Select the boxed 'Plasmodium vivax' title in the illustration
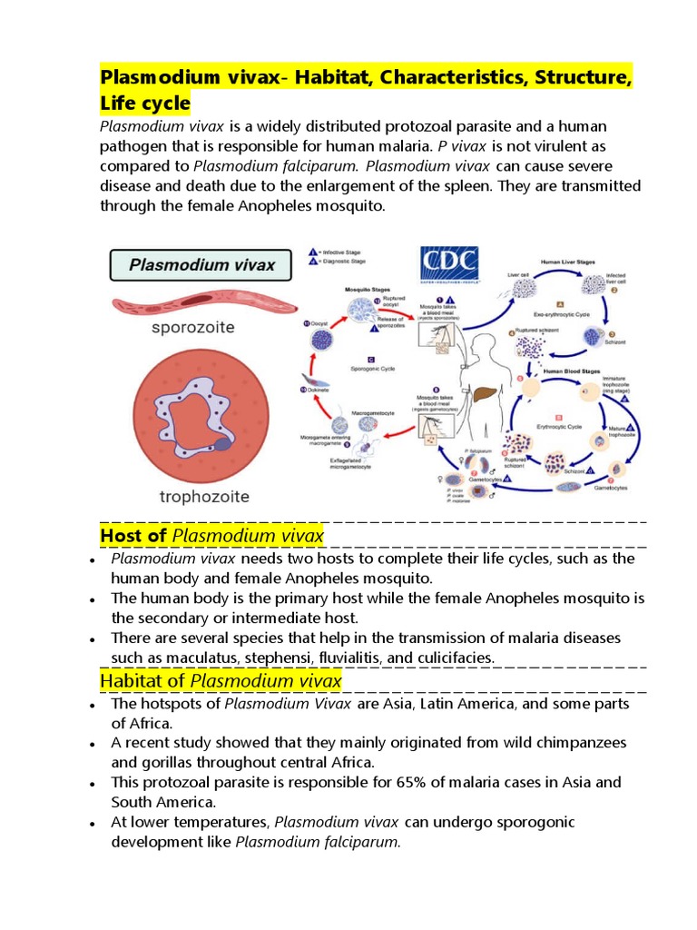(200, 265)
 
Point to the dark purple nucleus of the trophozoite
(221, 443)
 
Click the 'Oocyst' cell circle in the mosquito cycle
(324, 340)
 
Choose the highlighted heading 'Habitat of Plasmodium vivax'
(221, 680)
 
